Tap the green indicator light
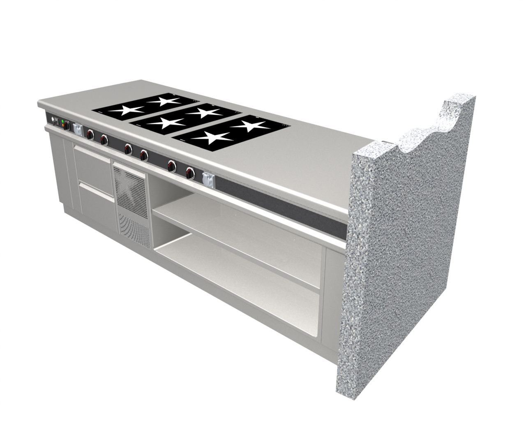tap(62, 122)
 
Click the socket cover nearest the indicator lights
tap(77, 129)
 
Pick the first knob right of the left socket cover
tap(90, 134)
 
